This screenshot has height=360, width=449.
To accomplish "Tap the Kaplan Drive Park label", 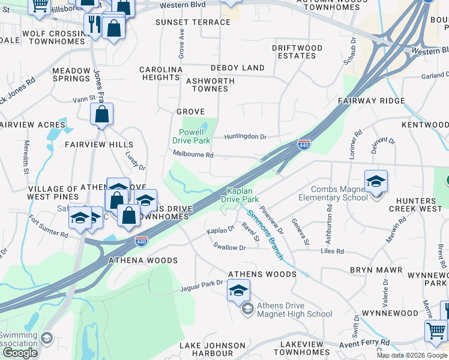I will pyautogui.click(x=240, y=194).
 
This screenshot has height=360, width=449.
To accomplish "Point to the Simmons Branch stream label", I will pyautogui.click(x=265, y=230).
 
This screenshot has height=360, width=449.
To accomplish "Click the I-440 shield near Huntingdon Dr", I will pyautogui.click(x=304, y=145).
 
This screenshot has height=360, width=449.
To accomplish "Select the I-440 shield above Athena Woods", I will pyautogui.click(x=142, y=241).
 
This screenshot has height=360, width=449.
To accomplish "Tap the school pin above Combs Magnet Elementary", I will pyautogui.click(x=376, y=181).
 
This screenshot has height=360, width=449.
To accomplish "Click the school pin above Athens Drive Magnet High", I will pyautogui.click(x=238, y=291).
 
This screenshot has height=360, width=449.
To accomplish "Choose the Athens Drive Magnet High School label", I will pyautogui.click(x=294, y=310).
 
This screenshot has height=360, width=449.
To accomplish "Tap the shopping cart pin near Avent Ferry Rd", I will pyautogui.click(x=436, y=331).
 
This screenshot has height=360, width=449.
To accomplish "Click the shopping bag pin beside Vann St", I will pyautogui.click(x=102, y=114).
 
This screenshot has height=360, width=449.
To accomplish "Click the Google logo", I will pyautogui.click(x=20, y=353).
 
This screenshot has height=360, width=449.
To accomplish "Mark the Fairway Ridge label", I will pyautogui.click(x=371, y=101).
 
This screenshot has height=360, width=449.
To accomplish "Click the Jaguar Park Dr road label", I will pyautogui.click(x=202, y=287).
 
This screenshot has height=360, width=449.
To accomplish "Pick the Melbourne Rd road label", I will pyautogui.click(x=193, y=155).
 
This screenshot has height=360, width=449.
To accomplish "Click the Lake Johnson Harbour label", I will pyautogui.click(x=213, y=349).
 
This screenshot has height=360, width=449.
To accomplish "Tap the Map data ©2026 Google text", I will pyautogui.click(x=412, y=355).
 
